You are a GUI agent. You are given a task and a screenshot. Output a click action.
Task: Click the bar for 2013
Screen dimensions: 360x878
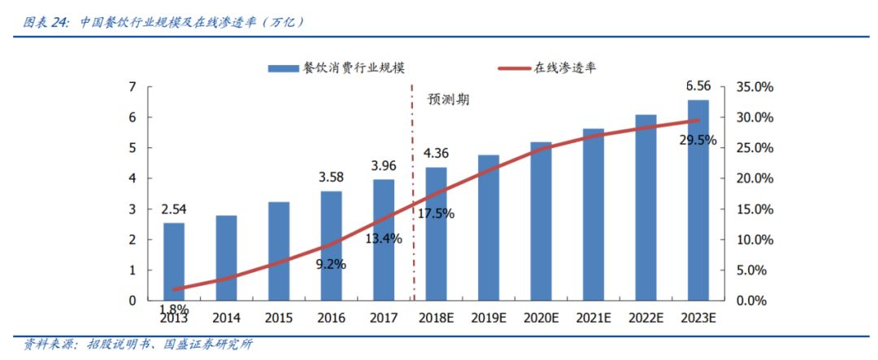pyautogui.click(x=174, y=261)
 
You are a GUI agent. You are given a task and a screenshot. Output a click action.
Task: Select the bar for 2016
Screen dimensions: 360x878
pyautogui.click(x=331, y=245)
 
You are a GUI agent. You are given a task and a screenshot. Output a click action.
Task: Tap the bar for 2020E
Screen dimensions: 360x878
pyautogui.click(x=541, y=221)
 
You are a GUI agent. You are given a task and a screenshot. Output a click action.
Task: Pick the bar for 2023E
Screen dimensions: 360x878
pyautogui.click(x=698, y=200)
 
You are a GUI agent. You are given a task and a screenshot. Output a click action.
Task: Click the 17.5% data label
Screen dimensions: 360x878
pyautogui.click(x=436, y=214)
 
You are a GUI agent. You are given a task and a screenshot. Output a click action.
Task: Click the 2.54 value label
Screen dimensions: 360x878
pyautogui.click(x=174, y=210)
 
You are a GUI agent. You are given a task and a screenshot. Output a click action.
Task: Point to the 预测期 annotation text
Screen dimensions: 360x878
pyautogui.click(x=450, y=101)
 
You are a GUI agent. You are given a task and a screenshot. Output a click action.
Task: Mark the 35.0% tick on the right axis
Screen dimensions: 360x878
pyautogui.click(x=755, y=87)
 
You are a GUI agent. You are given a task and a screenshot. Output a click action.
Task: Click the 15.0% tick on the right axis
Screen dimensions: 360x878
pyautogui.click(x=755, y=209)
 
